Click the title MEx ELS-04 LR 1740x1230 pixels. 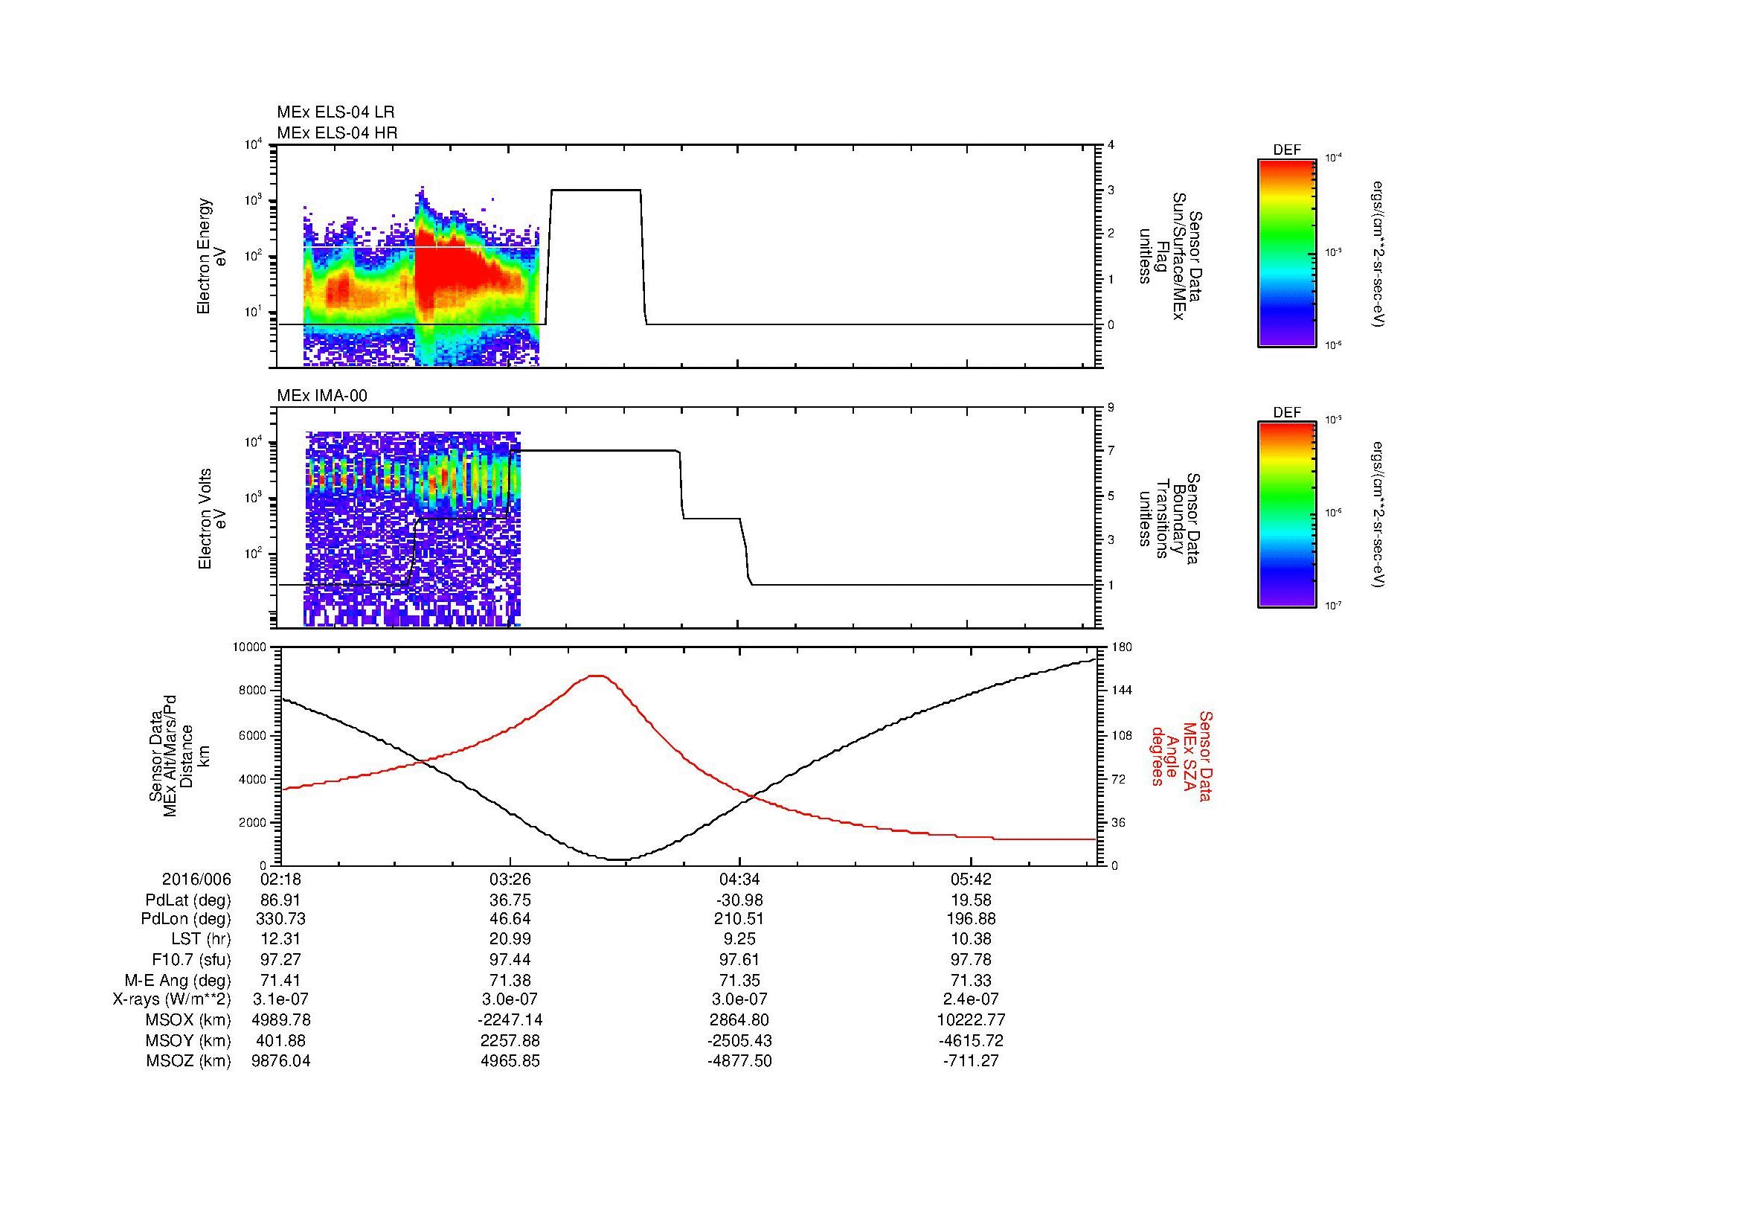pos(335,112)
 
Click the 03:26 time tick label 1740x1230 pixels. pos(511,880)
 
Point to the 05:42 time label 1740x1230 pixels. pos(971,880)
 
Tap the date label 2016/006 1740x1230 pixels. pos(196,880)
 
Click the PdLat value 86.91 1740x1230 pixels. pos(281,900)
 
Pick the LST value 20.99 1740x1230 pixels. pos(511,939)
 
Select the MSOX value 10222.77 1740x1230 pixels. pos(971,1020)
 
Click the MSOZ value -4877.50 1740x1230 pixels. pos(739,1061)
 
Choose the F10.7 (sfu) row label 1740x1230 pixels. pos(191,959)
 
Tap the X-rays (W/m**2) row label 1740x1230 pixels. pos(171,999)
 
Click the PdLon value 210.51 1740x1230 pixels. pos(739,919)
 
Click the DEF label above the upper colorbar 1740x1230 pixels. pos(1287,151)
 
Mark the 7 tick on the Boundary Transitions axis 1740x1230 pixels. pos(1111,451)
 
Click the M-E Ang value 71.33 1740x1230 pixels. pos(971,980)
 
